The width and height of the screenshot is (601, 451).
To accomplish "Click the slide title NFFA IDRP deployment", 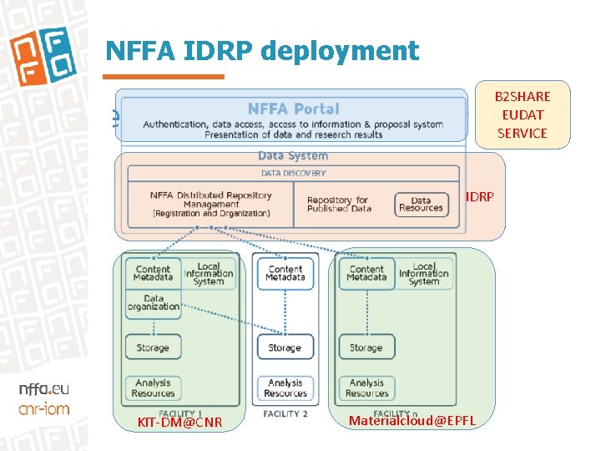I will [261, 52].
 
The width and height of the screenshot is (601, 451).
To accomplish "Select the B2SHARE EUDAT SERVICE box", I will [522, 114].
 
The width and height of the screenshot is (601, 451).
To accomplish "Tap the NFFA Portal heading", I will [293, 109].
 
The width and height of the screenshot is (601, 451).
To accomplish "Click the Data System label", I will [293, 155].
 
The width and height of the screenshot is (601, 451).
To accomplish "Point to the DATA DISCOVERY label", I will [293, 173].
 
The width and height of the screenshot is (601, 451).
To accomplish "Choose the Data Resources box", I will [421, 205].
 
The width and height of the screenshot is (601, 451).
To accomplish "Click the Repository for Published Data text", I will [337, 205].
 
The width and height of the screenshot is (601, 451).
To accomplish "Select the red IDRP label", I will [479, 197].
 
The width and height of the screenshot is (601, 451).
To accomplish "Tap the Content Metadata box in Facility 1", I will [153, 273].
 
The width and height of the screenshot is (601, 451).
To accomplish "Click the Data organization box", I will [153, 302].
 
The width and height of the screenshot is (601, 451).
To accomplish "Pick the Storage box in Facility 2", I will [285, 347].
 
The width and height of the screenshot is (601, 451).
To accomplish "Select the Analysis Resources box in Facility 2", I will [285, 388].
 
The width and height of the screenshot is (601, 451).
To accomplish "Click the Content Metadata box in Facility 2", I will [285, 273].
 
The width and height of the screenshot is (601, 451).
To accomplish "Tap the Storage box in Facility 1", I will [153, 347].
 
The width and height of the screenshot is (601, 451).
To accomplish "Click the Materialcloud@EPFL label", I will [412, 420].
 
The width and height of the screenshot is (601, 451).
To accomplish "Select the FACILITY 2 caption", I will [285, 413].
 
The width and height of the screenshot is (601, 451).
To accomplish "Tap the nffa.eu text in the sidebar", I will [43, 388].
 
